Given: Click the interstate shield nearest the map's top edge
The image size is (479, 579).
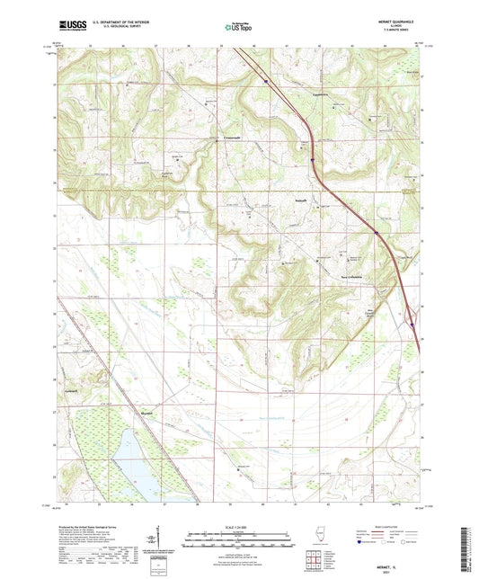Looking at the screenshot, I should click(266, 80).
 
